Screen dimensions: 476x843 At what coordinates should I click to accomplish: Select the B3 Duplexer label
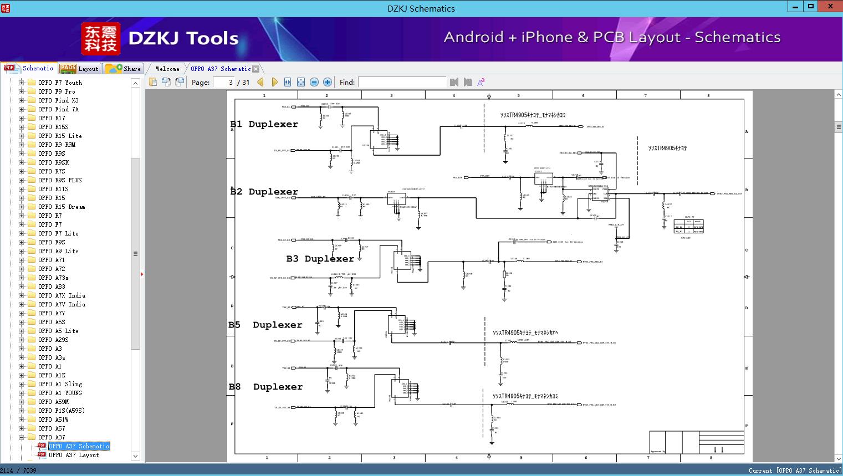(320, 259)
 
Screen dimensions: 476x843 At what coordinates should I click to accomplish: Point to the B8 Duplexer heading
(265, 387)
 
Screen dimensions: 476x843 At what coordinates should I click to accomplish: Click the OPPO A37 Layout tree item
(74, 455)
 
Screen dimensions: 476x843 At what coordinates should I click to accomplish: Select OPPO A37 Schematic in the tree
(79, 446)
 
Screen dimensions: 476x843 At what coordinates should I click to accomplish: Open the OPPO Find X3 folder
(58, 100)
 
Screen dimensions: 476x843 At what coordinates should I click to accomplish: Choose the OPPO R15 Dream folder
(62, 207)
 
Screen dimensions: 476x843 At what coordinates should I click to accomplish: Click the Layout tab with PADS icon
(80, 69)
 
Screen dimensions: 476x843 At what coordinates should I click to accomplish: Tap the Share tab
(124, 69)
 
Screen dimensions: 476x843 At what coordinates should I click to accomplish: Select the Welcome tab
(167, 69)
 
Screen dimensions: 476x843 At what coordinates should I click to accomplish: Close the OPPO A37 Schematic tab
(256, 69)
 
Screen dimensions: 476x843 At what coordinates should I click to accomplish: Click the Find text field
(402, 83)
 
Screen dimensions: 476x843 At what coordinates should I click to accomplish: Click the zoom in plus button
(328, 83)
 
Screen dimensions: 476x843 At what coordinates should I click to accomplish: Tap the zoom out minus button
(314, 83)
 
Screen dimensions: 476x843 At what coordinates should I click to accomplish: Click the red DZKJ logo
(101, 38)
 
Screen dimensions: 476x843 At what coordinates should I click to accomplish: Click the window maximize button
(811, 7)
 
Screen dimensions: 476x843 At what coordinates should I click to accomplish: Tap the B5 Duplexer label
(265, 325)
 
